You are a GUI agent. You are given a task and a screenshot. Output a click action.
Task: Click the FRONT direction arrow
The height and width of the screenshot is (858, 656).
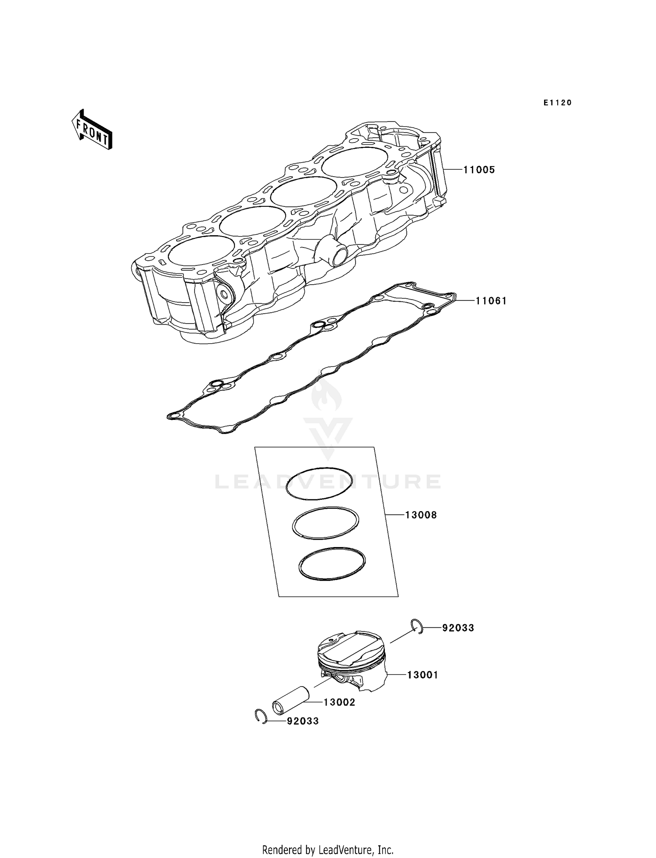click(92, 130)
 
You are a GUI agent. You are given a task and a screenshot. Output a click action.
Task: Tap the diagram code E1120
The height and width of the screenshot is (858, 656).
click(558, 103)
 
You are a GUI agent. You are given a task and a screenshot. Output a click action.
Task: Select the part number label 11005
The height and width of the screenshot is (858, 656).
click(479, 170)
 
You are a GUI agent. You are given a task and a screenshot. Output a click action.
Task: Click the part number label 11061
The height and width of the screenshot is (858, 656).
click(491, 301)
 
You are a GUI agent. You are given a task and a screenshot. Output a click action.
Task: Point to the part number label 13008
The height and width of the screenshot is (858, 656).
click(421, 515)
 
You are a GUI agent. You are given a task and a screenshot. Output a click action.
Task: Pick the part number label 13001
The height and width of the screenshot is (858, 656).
click(422, 675)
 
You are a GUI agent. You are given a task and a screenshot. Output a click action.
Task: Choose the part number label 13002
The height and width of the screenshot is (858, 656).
click(339, 702)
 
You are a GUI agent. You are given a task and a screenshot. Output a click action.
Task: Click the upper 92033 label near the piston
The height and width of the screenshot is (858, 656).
click(458, 628)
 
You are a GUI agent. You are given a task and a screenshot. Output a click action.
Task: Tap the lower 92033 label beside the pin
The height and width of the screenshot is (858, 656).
click(303, 721)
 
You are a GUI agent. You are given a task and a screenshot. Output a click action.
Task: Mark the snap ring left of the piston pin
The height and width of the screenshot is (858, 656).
click(261, 716)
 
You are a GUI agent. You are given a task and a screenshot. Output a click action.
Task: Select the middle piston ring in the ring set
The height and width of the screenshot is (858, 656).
click(326, 523)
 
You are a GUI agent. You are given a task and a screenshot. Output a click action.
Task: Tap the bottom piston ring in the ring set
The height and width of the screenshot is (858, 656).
click(332, 564)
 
